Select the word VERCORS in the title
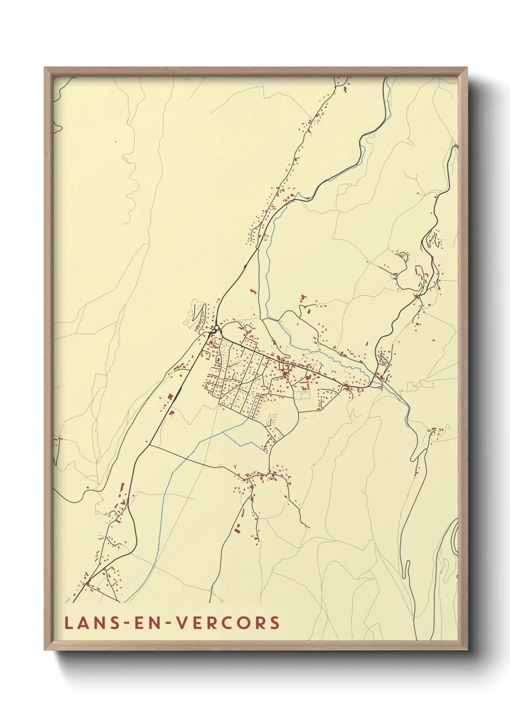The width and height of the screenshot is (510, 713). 227,622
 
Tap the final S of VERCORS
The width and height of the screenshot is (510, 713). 275,622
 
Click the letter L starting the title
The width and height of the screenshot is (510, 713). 68,622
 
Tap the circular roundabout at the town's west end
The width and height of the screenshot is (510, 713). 217,329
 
